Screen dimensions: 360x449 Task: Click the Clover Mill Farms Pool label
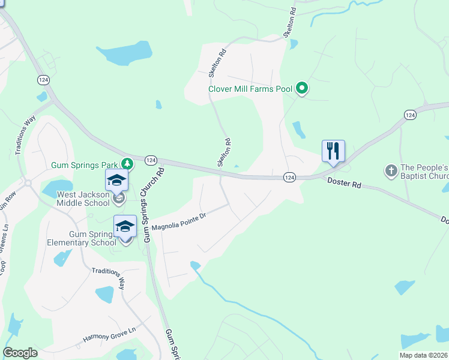(x=250, y=89)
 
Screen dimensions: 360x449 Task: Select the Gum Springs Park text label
(x=85, y=164)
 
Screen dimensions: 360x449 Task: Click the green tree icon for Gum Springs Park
(x=127, y=163)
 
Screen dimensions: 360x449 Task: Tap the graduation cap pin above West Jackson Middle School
(x=117, y=180)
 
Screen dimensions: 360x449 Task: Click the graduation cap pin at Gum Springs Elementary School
(x=125, y=226)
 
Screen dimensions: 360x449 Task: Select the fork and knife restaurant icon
(x=334, y=151)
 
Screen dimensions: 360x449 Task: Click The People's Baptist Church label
(x=424, y=172)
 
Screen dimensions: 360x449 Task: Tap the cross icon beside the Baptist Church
(x=391, y=172)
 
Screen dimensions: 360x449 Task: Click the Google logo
(x=20, y=353)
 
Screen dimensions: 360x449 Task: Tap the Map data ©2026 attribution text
(x=424, y=355)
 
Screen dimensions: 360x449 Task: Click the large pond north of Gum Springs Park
(x=125, y=54)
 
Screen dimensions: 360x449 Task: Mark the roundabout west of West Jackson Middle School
(x=28, y=182)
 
